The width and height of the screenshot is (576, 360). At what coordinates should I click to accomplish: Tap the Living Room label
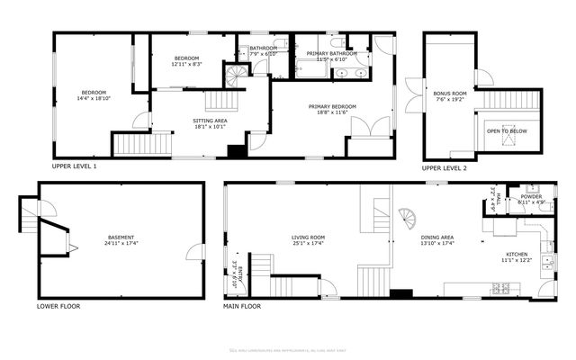[308, 237]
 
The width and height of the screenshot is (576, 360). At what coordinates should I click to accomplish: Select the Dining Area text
[438, 237]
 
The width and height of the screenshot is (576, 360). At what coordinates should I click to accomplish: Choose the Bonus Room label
[450, 94]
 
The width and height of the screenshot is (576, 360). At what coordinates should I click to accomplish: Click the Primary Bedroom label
[332, 107]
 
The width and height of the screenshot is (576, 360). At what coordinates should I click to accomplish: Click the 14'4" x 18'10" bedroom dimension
[94, 98]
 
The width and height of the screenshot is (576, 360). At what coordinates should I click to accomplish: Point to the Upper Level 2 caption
[445, 168]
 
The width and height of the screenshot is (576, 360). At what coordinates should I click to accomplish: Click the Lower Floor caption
[58, 306]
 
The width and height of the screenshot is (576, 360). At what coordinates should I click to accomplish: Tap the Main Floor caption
[242, 306]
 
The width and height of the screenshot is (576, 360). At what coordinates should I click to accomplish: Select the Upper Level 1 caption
[74, 166]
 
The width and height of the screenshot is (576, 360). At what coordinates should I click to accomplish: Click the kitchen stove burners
[501, 288]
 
